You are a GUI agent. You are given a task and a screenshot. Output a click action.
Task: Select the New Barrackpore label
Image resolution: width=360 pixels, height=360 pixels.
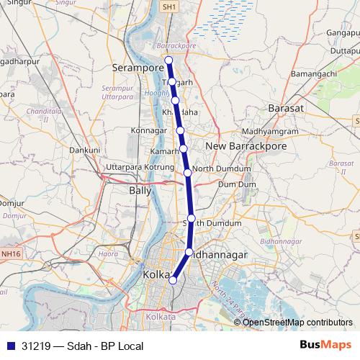246,146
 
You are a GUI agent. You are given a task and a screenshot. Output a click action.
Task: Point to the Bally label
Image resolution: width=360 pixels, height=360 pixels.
140,192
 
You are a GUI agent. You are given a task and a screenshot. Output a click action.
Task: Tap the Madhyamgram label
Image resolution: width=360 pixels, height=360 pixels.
269,131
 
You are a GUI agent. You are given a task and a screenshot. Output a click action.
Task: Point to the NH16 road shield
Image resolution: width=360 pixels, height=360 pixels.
11,253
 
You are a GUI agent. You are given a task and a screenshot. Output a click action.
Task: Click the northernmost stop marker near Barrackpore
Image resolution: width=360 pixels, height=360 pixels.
168,60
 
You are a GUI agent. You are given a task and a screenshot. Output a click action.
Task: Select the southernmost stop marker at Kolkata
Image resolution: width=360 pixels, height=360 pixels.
172,280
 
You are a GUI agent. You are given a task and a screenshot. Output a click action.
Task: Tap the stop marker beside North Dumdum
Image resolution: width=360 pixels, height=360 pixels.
187,172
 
